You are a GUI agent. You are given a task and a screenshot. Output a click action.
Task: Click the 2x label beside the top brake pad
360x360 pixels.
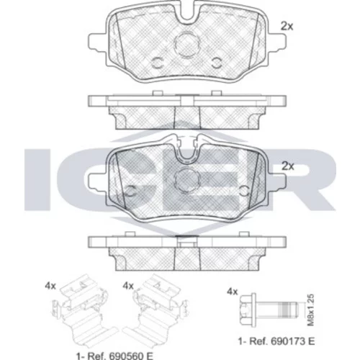point(287,27)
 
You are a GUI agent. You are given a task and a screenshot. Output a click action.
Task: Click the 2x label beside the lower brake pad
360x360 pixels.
point(287,166)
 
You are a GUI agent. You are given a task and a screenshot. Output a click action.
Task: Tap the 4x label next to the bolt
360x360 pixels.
point(232,292)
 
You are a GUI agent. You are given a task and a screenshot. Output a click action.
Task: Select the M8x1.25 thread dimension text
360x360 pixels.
point(311,310)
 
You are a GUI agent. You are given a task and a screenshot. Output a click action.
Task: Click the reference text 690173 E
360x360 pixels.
point(292,341)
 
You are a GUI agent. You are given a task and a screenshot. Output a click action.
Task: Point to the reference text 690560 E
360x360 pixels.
point(130,356)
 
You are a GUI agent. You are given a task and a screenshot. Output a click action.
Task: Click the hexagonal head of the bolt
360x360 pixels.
point(247,310)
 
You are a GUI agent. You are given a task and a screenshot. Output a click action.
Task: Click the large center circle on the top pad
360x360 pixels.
point(187,45)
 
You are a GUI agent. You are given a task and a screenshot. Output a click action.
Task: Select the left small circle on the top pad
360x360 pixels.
point(158,63)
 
